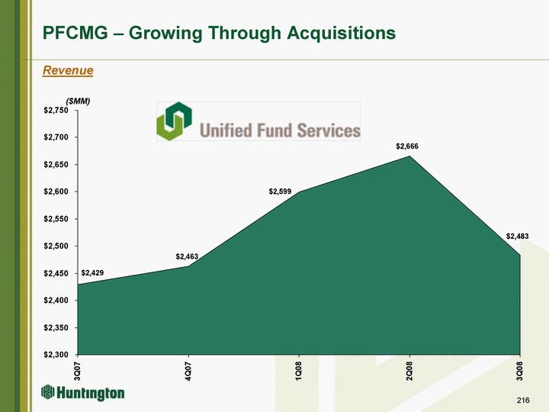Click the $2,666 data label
(x=407, y=146)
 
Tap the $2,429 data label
(x=92, y=272)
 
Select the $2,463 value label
(x=187, y=256)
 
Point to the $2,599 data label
(x=280, y=192)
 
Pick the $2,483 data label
(x=517, y=236)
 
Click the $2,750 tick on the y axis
(x=56, y=111)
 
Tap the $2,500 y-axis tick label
(x=56, y=246)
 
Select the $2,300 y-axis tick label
(x=56, y=355)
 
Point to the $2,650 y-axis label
(x=56, y=164)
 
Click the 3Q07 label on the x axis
(x=78, y=371)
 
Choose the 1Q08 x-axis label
(x=299, y=371)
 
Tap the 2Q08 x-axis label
(x=409, y=371)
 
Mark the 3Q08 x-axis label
(x=520, y=371)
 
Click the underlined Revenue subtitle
(x=68, y=70)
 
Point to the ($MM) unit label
(x=78, y=101)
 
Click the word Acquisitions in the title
(x=342, y=34)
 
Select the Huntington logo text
(x=91, y=393)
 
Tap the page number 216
(x=523, y=400)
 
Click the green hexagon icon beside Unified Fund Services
(x=174, y=121)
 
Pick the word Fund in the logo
(x=274, y=130)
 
